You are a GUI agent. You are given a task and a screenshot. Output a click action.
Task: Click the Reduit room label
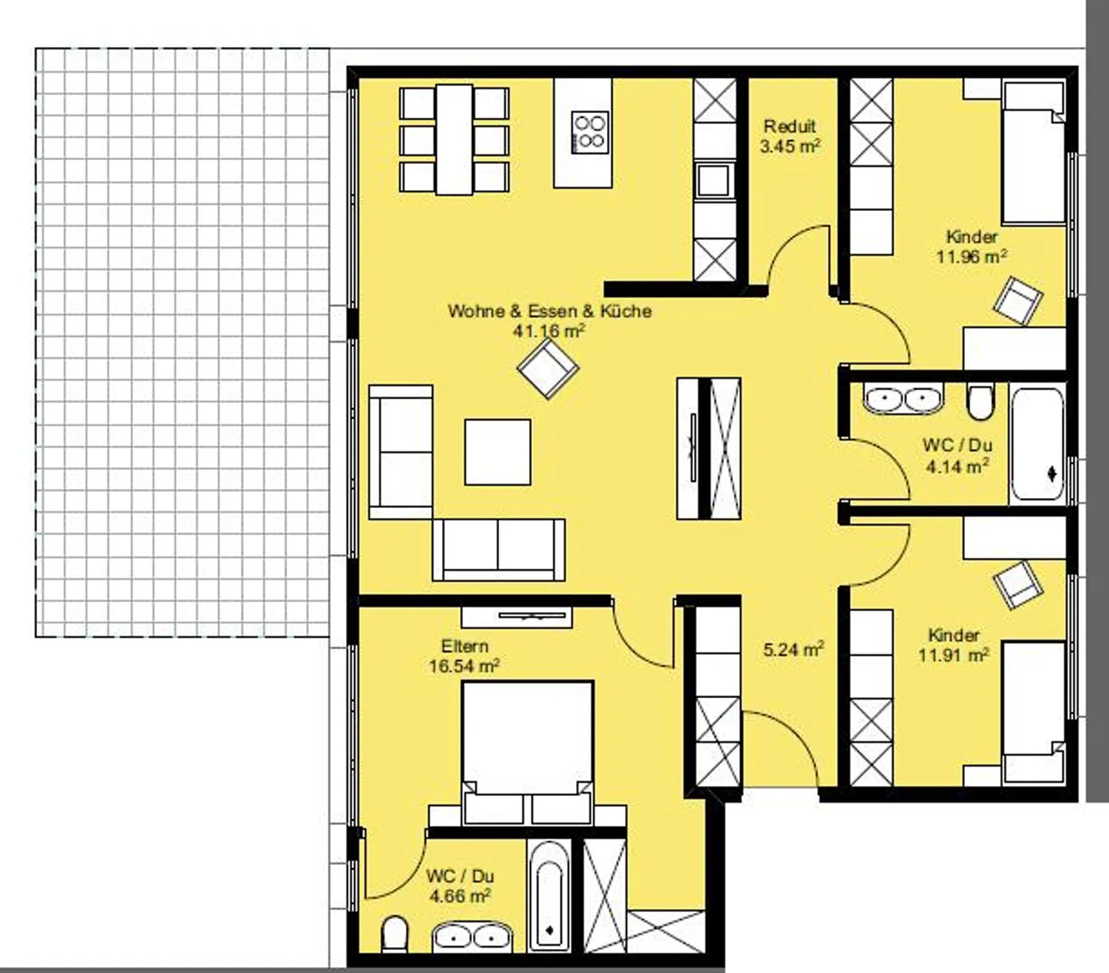point(789,126)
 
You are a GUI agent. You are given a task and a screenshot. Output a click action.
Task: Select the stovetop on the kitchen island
point(589,132)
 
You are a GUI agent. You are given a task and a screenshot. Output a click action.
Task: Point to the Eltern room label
point(464,647)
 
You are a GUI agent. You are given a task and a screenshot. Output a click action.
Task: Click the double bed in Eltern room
point(528,753)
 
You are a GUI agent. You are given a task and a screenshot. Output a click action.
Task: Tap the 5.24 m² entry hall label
point(794,650)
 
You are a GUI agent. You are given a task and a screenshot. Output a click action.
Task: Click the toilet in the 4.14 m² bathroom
point(980,402)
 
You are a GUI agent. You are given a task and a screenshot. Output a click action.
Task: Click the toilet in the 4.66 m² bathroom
point(394,935)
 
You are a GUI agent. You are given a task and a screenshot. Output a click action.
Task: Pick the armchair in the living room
point(548,368)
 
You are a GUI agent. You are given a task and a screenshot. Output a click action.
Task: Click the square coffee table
point(498,452)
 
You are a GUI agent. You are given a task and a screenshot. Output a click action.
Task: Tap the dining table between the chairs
point(454,139)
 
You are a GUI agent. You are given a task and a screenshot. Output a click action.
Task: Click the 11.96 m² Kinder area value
point(972,256)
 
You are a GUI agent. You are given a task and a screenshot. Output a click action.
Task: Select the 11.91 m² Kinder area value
point(953,654)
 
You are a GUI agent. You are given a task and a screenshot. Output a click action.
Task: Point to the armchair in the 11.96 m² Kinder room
point(1018,300)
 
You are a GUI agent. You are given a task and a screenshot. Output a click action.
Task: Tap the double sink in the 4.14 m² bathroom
point(903,398)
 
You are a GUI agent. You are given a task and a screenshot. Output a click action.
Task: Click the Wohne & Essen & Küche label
point(550,311)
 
